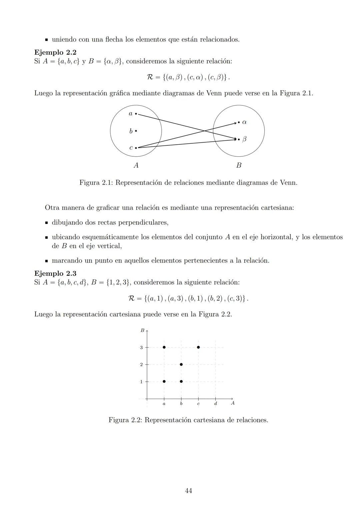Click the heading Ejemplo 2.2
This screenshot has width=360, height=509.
pyautogui.click(x=55, y=52)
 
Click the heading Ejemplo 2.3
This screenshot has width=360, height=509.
pyautogui.click(x=55, y=273)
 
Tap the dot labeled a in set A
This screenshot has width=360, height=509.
pyautogui.click(x=136, y=114)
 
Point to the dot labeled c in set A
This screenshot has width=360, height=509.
pyautogui.click(x=136, y=148)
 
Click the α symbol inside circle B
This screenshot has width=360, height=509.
pyautogui.click(x=244, y=122)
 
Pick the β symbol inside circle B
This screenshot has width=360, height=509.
pyautogui.click(x=244, y=139)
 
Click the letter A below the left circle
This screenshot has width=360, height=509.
pyautogui.click(x=136, y=165)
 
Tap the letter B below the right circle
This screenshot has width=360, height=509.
pyautogui.click(x=239, y=165)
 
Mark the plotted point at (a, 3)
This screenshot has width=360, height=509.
pyautogui.click(x=164, y=347)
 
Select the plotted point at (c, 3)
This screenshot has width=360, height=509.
pyautogui.click(x=198, y=347)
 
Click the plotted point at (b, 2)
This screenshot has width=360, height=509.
pyautogui.click(x=181, y=364)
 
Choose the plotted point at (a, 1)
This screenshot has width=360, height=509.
pyautogui.click(x=164, y=381)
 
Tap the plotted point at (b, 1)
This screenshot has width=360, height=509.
pyautogui.click(x=181, y=381)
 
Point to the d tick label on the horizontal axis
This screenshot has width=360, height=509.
pyautogui.click(x=215, y=404)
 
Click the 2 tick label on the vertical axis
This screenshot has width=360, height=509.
pyautogui.click(x=141, y=365)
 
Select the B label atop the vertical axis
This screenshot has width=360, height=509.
pyautogui.click(x=142, y=330)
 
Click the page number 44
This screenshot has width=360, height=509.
pyautogui.click(x=188, y=491)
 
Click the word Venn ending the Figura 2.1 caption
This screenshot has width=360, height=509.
pyautogui.click(x=288, y=183)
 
